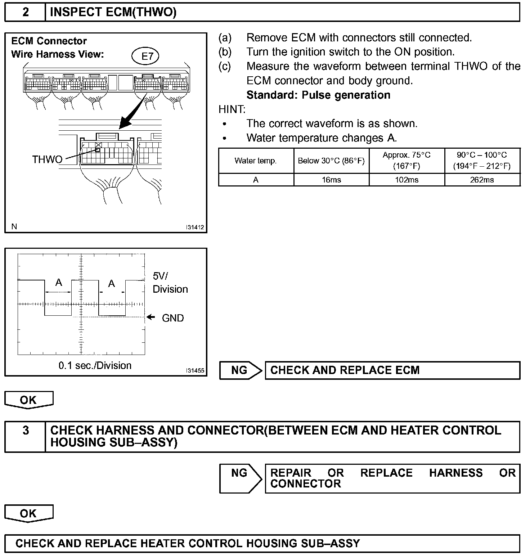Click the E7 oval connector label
coord(145,56)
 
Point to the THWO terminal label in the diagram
coord(47,159)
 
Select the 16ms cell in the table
coord(331,180)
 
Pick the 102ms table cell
coord(407,180)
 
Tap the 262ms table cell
coord(482,180)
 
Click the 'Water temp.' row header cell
coord(256,161)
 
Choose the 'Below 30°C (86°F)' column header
coord(331,161)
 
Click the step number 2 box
coord(25,13)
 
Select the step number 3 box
coord(25,431)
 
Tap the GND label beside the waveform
coord(173,318)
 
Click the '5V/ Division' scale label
coord(170,283)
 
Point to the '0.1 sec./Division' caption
coord(95,365)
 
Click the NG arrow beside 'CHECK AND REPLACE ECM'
coord(241,370)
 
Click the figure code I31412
coord(195,227)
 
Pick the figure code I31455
coord(195,370)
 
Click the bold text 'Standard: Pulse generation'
coord(318,95)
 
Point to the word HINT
coord(232,109)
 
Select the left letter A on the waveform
coord(58,283)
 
